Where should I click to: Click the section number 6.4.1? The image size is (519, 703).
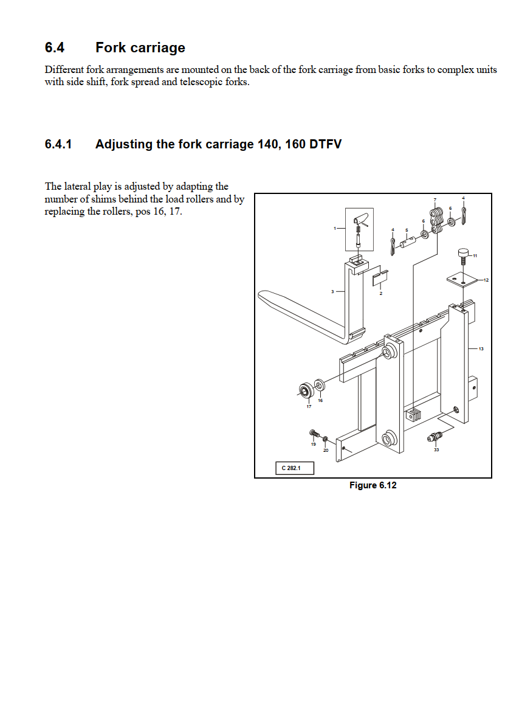58,145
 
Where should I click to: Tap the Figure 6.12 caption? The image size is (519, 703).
373,485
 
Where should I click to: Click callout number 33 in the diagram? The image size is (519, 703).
436,449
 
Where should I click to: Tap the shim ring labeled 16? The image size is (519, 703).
318,386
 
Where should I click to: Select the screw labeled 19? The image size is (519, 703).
314,433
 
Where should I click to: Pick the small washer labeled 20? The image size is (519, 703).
325,438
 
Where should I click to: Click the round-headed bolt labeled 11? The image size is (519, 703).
464,252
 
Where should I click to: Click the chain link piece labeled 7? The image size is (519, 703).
436,218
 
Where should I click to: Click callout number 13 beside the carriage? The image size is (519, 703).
481,349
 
